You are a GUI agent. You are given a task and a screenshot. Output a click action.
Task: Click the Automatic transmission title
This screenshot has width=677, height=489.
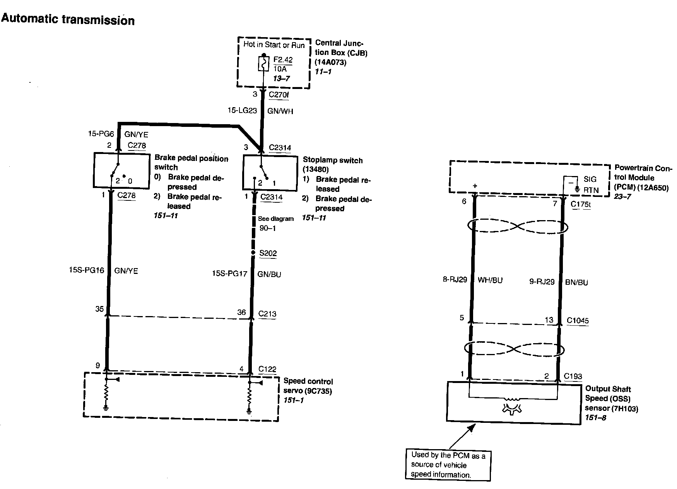click(68, 19)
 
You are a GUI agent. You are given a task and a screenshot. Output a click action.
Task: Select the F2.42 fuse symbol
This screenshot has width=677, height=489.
click(263, 64)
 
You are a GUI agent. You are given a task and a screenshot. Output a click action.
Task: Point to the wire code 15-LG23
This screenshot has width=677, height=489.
click(242, 111)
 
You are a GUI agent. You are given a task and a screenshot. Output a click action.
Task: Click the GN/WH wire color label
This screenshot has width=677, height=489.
click(280, 111)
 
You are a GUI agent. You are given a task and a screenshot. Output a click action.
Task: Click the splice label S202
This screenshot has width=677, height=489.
click(268, 253)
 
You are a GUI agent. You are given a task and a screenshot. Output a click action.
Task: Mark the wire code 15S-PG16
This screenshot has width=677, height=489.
click(87, 270)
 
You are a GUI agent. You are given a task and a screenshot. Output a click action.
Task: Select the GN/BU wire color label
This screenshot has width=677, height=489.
click(269, 274)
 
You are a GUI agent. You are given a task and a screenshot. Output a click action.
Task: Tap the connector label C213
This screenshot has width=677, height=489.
click(267, 313)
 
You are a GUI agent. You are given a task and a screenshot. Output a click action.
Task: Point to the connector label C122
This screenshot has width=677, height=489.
click(267, 369)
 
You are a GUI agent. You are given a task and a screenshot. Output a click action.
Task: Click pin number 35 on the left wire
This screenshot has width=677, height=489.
click(99, 309)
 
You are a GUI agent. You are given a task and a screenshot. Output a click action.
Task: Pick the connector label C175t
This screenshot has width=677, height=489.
click(581, 204)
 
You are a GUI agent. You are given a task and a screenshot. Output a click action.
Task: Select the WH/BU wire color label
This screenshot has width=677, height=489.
click(490, 280)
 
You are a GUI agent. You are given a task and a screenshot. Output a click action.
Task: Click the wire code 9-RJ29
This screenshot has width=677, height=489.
click(542, 282)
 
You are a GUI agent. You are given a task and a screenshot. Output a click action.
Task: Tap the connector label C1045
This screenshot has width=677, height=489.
click(578, 320)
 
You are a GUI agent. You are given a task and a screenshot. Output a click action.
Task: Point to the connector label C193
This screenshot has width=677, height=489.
click(573, 376)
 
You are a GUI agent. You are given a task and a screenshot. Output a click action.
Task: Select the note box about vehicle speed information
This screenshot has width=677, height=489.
click(448, 465)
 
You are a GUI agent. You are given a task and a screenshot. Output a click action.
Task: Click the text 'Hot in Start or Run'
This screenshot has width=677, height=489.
click(274, 44)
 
